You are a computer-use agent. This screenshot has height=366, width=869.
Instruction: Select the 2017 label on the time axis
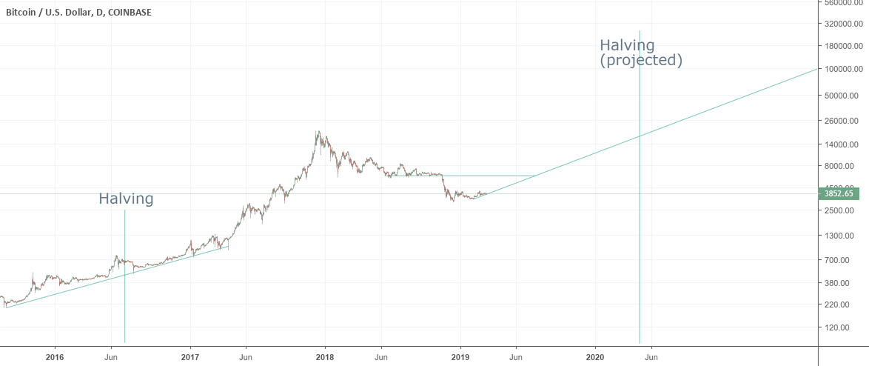pyautogui.click(x=190, y=356)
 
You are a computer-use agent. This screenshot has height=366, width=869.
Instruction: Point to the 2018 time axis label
pyautogui.click(x=325, y=356)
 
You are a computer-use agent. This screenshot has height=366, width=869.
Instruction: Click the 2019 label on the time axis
pyautogui.click(x=460, y=356)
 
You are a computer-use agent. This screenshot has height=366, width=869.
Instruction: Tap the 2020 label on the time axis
pyautogui.click(x=595, y=356)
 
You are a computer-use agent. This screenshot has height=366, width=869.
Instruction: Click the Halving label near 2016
pyautogui.click(x=126, y=199)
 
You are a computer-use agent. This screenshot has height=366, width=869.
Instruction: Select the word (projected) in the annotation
pyautogui.click(x=641, y=60)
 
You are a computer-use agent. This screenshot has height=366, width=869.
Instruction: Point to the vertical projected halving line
pyautogui.click(x=640, y=222)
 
